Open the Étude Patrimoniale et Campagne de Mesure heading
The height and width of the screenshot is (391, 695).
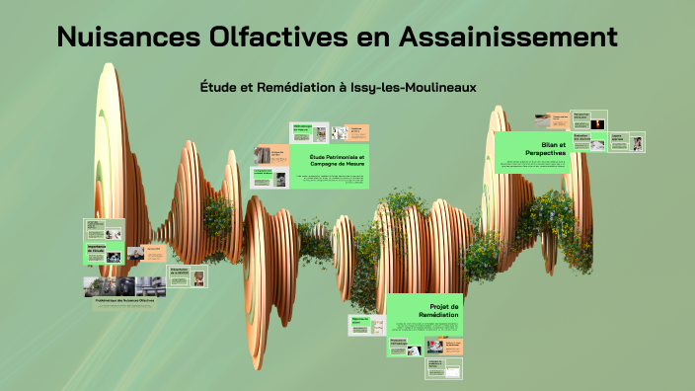tap(337, 160)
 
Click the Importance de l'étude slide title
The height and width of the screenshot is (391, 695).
tap(96, 250)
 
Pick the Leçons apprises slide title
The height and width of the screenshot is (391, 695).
tap(617, 139)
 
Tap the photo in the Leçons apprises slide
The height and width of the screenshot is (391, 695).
tap(638, 143)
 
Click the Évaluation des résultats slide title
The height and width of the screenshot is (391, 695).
tap(582, 139)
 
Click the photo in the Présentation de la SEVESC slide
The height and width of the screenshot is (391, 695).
tap(198, 278)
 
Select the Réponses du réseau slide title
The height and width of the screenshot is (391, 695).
tap(359, 321)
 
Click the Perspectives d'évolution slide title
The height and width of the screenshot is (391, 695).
tap(580, 116)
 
